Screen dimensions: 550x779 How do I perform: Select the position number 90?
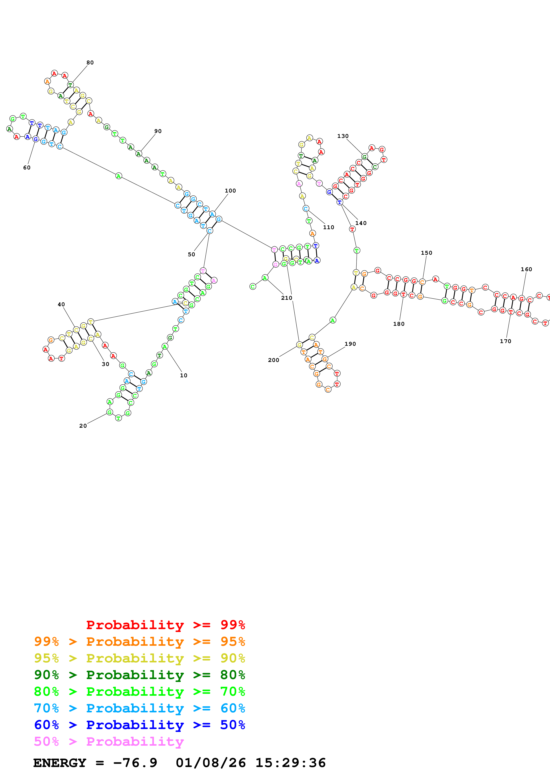coord(158,131)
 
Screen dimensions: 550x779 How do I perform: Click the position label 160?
coord(526,269)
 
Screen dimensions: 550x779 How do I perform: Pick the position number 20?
coord(83,426)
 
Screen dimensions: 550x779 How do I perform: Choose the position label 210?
coord(286,298)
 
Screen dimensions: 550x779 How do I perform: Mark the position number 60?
coord(27,168)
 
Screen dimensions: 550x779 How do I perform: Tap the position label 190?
coord(350,344)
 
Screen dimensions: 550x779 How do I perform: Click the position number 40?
coord(61,304)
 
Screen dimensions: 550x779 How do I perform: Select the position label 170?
coord(505,341)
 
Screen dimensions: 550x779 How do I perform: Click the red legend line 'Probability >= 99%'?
coord(165,625)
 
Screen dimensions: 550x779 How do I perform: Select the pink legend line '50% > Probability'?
coord(109,742)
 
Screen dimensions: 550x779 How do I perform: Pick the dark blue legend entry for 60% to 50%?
coord(139,725)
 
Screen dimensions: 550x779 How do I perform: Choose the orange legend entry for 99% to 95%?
coord(139,642)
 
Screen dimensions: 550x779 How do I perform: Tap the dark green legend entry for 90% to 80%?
coord(139,675)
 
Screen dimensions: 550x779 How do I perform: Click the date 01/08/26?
coord(211,763)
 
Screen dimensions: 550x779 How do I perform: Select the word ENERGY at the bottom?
coord(60,763)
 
